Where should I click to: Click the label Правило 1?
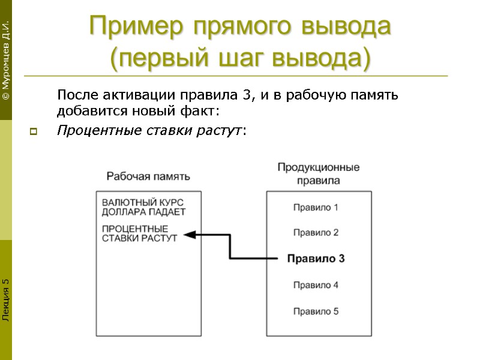tap(316, 208)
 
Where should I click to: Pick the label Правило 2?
tap(316, 232)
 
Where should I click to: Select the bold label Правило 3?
tap(316, 259)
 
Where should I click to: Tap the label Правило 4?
tap(316, 285)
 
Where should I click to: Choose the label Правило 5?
tap(316, 311)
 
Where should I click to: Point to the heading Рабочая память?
tap(148, 176)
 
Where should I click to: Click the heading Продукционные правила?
tap(318, 173)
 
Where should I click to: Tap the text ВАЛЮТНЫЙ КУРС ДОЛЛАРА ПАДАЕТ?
tap(143, 207)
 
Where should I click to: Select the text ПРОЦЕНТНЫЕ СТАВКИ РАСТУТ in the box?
tap(140, 233)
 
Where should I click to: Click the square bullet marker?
tap(32, 131)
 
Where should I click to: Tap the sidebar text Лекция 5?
tap(5, 299)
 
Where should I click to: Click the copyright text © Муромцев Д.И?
tap(5, 60)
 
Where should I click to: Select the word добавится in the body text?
tap(85, 112)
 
